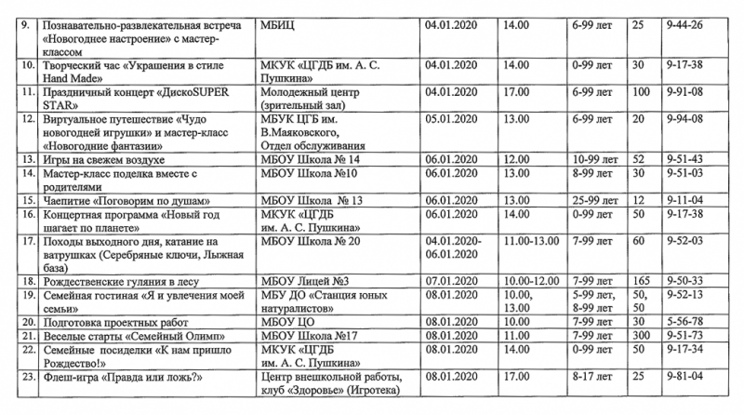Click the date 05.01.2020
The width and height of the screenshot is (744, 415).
coord(449,119)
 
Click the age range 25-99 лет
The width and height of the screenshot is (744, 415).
coord(595,200)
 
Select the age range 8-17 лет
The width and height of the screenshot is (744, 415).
coord(592,376)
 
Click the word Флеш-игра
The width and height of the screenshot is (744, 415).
coord(69,376)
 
